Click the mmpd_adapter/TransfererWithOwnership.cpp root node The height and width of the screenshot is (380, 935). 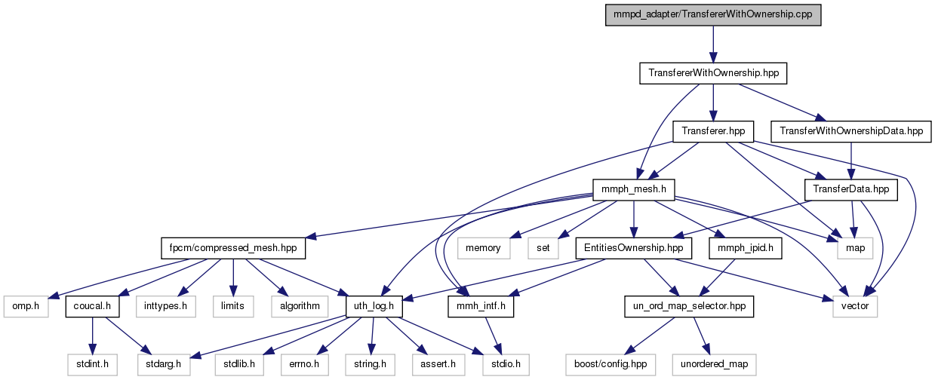[x=713, y=15]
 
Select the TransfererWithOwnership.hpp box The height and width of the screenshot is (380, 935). [x=713, y=73]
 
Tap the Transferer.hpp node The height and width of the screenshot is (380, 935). [x=713, y=131]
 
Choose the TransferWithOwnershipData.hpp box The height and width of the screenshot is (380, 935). [x=851, y=131]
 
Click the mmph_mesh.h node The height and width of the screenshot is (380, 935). [x=634, y=190]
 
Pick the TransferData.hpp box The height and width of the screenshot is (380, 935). [x=851, y=190]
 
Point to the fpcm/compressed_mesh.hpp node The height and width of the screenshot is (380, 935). [x=233, y=248]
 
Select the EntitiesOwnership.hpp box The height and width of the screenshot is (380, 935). [x=634, y=248]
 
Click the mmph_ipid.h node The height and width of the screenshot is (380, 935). [x=746, y=248]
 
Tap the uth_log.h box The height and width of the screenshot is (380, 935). [x=374, y=307]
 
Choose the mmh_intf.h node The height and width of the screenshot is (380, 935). [x=481, y=307]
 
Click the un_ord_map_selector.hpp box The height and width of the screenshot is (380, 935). [x=689, y=307]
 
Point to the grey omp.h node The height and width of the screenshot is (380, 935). [x=26, y=307]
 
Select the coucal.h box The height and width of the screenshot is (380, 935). [x=92, y=307]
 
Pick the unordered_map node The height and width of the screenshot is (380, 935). [x=714, y=365]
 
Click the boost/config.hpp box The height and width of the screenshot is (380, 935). [x=611, y=365]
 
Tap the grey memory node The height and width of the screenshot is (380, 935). [x=484, y=248]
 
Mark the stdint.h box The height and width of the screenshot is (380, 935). [x=92, y=365]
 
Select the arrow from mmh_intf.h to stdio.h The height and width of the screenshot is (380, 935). [x=492, y=336]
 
